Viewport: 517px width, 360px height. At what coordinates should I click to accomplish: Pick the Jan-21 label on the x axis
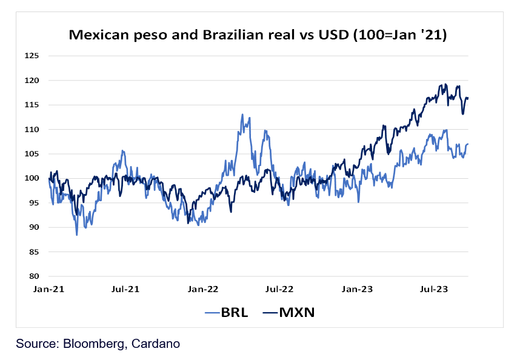pyautogui.click(x=48, y=290)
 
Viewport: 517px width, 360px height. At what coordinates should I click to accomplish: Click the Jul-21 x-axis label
pyautogui.click(x=125, y=290)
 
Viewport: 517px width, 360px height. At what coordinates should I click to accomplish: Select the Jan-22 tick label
pyautogui.click(x=204, y=290)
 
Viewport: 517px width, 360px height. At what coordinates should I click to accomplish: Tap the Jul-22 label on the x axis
pyautogui.click(x=280, y=290)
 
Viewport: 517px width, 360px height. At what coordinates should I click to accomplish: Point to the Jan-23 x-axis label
pyautogui.click(x=358, y=290)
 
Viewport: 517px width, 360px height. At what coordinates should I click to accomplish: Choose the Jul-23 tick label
pyautogui.click(x=435, y=290)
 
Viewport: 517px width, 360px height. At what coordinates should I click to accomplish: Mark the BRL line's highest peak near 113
pyautogui.click(x=242, y=114)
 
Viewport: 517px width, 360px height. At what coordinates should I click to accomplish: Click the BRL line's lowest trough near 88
pyautogui.click(x=77, y=235)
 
